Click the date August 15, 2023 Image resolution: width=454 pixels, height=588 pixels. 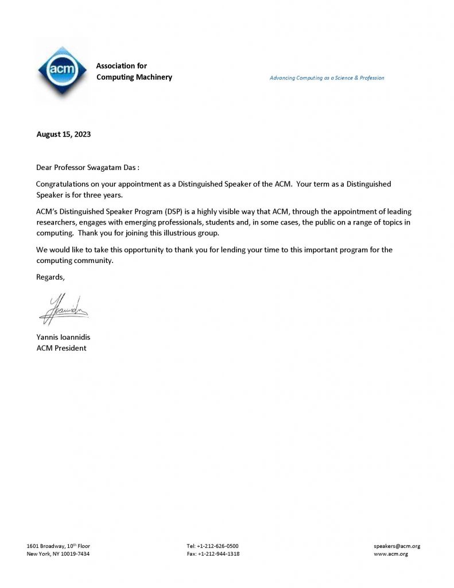tap(63, 135)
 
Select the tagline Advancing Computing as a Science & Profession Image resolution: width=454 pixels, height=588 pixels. tap(327, 78)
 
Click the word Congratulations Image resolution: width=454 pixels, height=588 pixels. tap(64, 184)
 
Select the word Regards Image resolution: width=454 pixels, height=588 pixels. tap(51, 277)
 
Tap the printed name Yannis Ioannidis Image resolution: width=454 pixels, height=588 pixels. tap(63, 338)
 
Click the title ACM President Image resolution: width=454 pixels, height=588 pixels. tap(61, 348)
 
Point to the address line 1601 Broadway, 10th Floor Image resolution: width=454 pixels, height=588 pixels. tap(58, 546)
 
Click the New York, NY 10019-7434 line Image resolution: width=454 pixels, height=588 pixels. tap(58, 554)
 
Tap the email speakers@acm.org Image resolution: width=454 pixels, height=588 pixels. tap(397, 546)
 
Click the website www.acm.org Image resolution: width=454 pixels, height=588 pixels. tap(391, 554)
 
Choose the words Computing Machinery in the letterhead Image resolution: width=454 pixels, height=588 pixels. tap(134, 78)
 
